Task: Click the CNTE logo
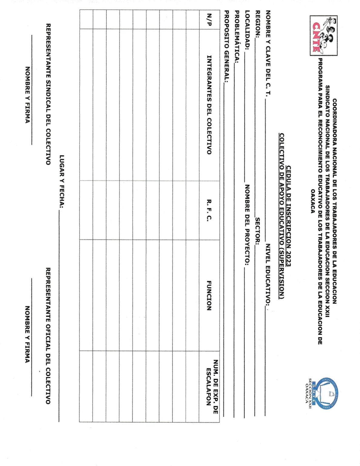point(323,36)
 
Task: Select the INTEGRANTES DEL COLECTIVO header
point(209,105)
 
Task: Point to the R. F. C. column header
point(209,210)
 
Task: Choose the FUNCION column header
point(209,295)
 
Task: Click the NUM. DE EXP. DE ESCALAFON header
point(212,383)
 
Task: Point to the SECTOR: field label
point(257,231)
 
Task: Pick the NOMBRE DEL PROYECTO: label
point(247,225)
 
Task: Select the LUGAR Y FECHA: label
point(62,182)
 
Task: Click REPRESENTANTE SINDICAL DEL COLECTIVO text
point(48,94)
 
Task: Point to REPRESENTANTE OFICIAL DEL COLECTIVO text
point(48,336)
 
